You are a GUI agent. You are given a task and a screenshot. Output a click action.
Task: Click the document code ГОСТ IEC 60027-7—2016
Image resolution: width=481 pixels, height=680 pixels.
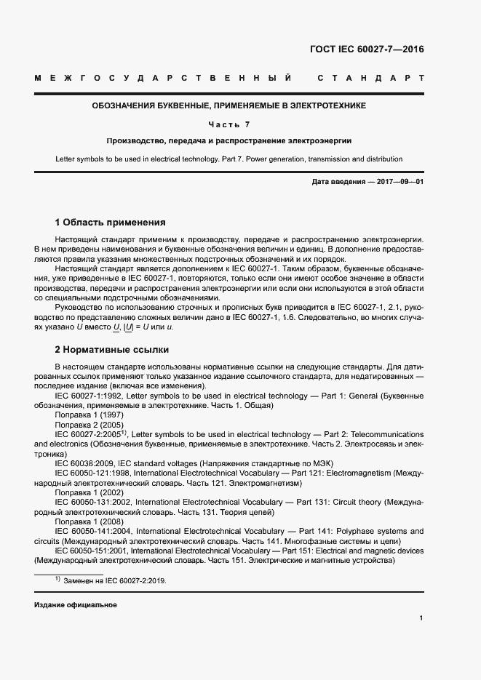[366, 50]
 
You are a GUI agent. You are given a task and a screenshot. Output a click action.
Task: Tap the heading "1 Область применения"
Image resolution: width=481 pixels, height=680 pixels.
[111, 223]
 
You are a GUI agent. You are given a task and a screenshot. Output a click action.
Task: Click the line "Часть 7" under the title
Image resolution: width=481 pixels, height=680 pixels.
[228, 124]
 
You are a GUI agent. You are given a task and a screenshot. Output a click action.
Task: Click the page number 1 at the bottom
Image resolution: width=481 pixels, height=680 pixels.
[421, 618]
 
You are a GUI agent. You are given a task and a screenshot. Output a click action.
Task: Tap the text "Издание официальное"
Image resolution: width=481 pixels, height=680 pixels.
[76, 605]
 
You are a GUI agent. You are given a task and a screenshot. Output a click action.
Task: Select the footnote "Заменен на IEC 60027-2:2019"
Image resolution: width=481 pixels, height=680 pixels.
[116, 581]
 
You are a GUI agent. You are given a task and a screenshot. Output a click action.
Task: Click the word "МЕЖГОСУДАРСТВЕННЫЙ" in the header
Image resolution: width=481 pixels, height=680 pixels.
[164, 78]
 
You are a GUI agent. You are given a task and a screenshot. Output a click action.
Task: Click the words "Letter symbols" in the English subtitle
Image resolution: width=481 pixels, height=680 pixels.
[81, 159]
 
